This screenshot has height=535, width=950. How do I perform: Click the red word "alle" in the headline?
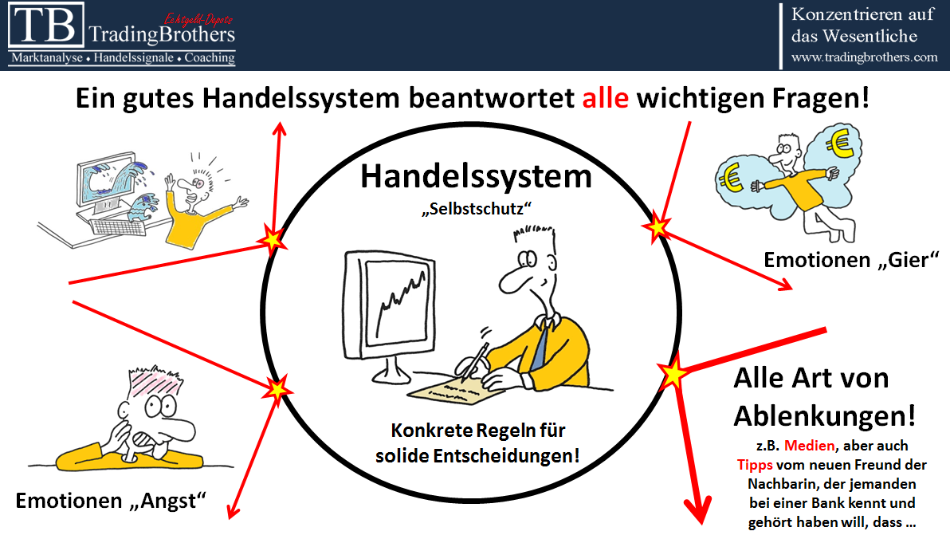(x=605, y=98)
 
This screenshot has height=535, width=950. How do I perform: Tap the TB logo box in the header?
(x=46, y=26)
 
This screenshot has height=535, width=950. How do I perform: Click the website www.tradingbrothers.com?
(x=864, y=57)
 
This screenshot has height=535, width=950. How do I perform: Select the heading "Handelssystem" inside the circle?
(x=477, y=176)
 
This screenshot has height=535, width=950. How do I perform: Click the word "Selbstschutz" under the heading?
(x=477, y=208)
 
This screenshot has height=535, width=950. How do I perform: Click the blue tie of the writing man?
(x=540, y=347)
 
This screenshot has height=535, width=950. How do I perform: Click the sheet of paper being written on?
(x=456, y=391)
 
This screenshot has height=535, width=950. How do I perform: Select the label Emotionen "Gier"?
(x=851, y=260)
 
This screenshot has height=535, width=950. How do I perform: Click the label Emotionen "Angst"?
(x=111, y=501)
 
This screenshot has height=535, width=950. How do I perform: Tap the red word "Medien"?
(x=810, y=446)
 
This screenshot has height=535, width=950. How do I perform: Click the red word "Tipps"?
(x=755, y=465)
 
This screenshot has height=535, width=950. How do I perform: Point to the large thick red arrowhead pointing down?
(x=698, y=509)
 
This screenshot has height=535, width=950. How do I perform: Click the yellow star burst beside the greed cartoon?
(x=658, y=227)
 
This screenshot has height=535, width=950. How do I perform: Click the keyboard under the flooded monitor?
(x=118, y=226)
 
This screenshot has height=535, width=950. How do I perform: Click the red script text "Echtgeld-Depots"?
(x=198, y=20)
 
